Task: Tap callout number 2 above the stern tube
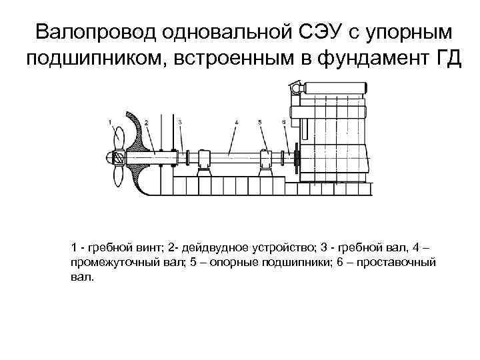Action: click(146, 123)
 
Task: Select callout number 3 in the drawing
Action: click(180, 122)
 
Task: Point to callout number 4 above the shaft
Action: click(237, 123)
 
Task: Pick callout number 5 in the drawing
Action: click(260, 123)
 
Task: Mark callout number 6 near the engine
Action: click(284, 123)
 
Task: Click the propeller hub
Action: click(114, 157)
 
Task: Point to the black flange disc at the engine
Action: click(296, 158)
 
